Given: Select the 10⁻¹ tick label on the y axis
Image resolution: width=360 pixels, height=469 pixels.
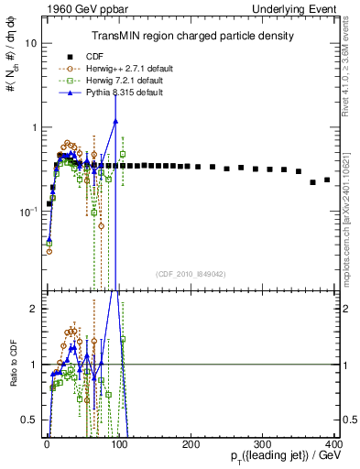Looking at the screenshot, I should (27, 212).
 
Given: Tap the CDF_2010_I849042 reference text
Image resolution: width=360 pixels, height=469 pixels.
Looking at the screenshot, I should (190, 272).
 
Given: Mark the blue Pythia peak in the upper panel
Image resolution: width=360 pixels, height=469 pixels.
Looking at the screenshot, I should (115, 120).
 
